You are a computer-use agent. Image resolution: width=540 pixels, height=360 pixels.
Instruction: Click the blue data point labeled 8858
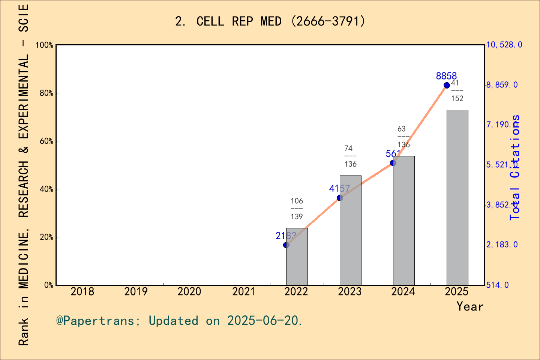pyautogui.click(x=447, y=85)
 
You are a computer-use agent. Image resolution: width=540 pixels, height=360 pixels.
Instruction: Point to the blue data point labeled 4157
pyautogui.click(x=340, y=198)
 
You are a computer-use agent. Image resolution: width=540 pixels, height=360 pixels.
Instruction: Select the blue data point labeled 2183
pyautogui.click(x=286, y=245)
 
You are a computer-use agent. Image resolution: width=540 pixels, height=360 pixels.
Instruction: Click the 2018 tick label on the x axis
pyautogui.click(x=82, y=291)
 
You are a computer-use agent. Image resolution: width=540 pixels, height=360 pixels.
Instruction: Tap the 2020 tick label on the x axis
pyautogui.click(x=189, y=291)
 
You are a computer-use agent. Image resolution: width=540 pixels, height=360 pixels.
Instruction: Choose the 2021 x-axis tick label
pyautogui.click(x=243, y=291)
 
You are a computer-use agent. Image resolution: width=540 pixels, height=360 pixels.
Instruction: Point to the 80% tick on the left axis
pyautogui.click(x=46, y=93)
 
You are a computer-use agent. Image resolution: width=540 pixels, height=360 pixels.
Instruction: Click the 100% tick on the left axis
pyautogui.click(x=45, y=45)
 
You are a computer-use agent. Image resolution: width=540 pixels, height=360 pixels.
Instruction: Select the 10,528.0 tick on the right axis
pyautogui.click(x=504, y=45)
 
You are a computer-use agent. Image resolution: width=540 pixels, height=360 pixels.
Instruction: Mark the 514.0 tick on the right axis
pyautogui.click(x=498, y=285)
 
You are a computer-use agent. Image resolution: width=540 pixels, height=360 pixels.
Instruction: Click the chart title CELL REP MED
pyautogui.click(x=270, y=21)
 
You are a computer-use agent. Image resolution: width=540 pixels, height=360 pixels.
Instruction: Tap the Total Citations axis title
pyautogui.click(x=515, y=167)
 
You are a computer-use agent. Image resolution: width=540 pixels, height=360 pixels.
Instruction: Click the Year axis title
pyautogui.click(x=470, y=306)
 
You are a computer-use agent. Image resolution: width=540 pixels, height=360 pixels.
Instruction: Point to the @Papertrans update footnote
pyautogui.click(x=179, y=321)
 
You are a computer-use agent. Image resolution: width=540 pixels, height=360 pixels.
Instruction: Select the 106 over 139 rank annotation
pyautogui.click(x=297, y=208)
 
